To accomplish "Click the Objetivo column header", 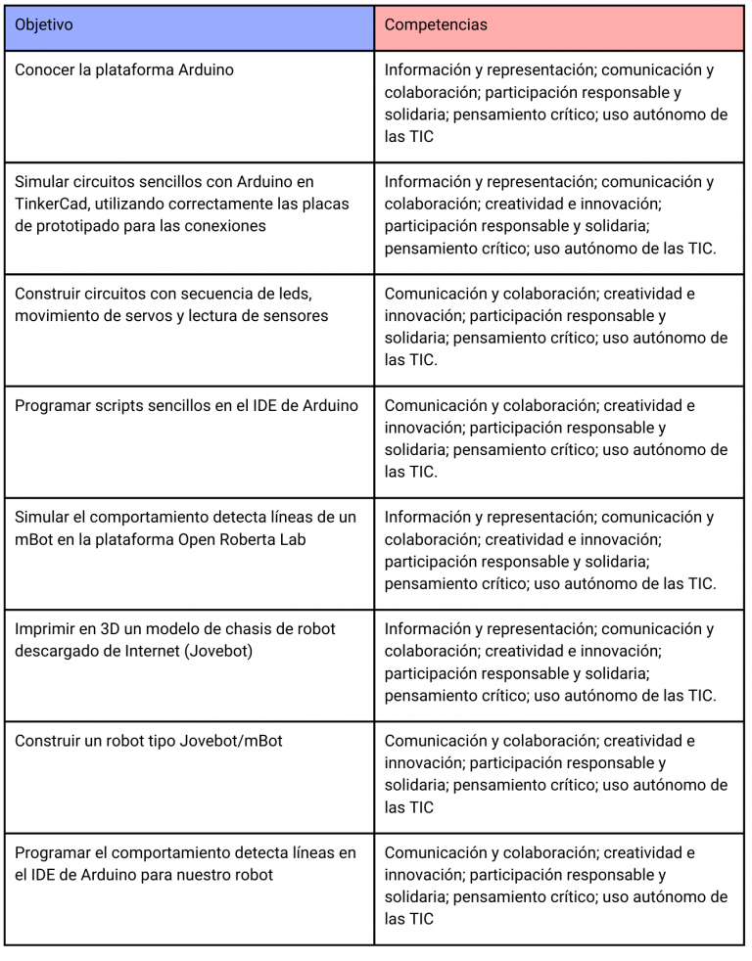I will (x=43, y=24).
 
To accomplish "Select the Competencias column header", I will (x=435, y=24).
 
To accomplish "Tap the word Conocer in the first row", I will (x=45, y=69).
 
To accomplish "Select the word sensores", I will (x=293, y=315).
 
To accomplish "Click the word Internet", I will (x=147, y=651).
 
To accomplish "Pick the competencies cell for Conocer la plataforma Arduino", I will (x=558, y=105).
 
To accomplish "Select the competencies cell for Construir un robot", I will (x=558, y=775).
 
